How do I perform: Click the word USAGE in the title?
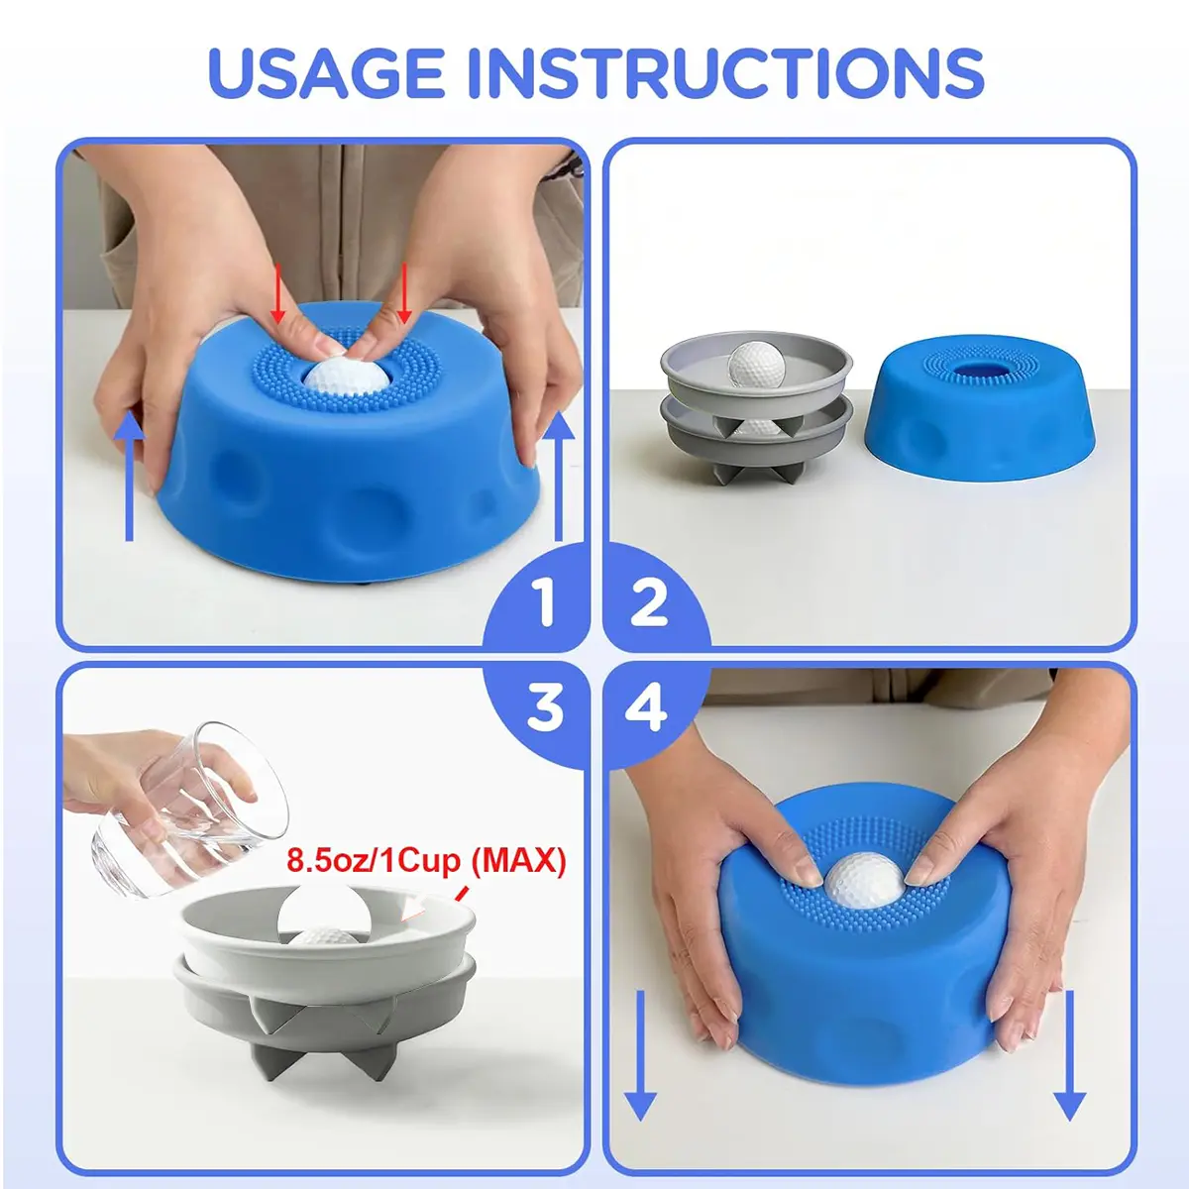tap(326, 72)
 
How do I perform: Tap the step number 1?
tap(545, 604)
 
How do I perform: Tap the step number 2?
tap(648, 604)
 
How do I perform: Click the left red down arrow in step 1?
tap(278, 293)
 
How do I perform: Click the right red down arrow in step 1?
tap(403, 293)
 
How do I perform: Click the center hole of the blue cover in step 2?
tap(977, 372)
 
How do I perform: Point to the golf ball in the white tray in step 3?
tap(324, 935)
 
